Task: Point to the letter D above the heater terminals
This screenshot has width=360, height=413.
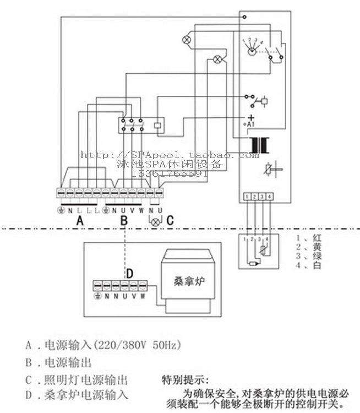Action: [130, 273]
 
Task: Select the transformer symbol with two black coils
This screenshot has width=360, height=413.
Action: [258, 145]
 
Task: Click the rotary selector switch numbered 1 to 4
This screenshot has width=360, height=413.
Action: [252, 48]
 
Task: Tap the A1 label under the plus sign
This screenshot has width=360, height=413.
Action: [249, 125]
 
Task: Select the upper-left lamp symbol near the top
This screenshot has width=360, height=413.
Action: [186, 39]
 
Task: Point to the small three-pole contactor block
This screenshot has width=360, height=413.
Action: [132, 125]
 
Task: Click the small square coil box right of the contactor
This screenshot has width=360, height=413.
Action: [158, 124]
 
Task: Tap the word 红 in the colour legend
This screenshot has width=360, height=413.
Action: [317, 238]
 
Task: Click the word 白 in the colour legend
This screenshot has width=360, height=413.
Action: [317, 265]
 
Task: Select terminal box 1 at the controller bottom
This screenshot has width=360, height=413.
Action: [247, 196]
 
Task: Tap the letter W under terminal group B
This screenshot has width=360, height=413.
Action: [141, 210]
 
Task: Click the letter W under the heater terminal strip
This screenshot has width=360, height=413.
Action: [143, 296]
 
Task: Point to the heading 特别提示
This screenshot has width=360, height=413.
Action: [185, 380]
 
